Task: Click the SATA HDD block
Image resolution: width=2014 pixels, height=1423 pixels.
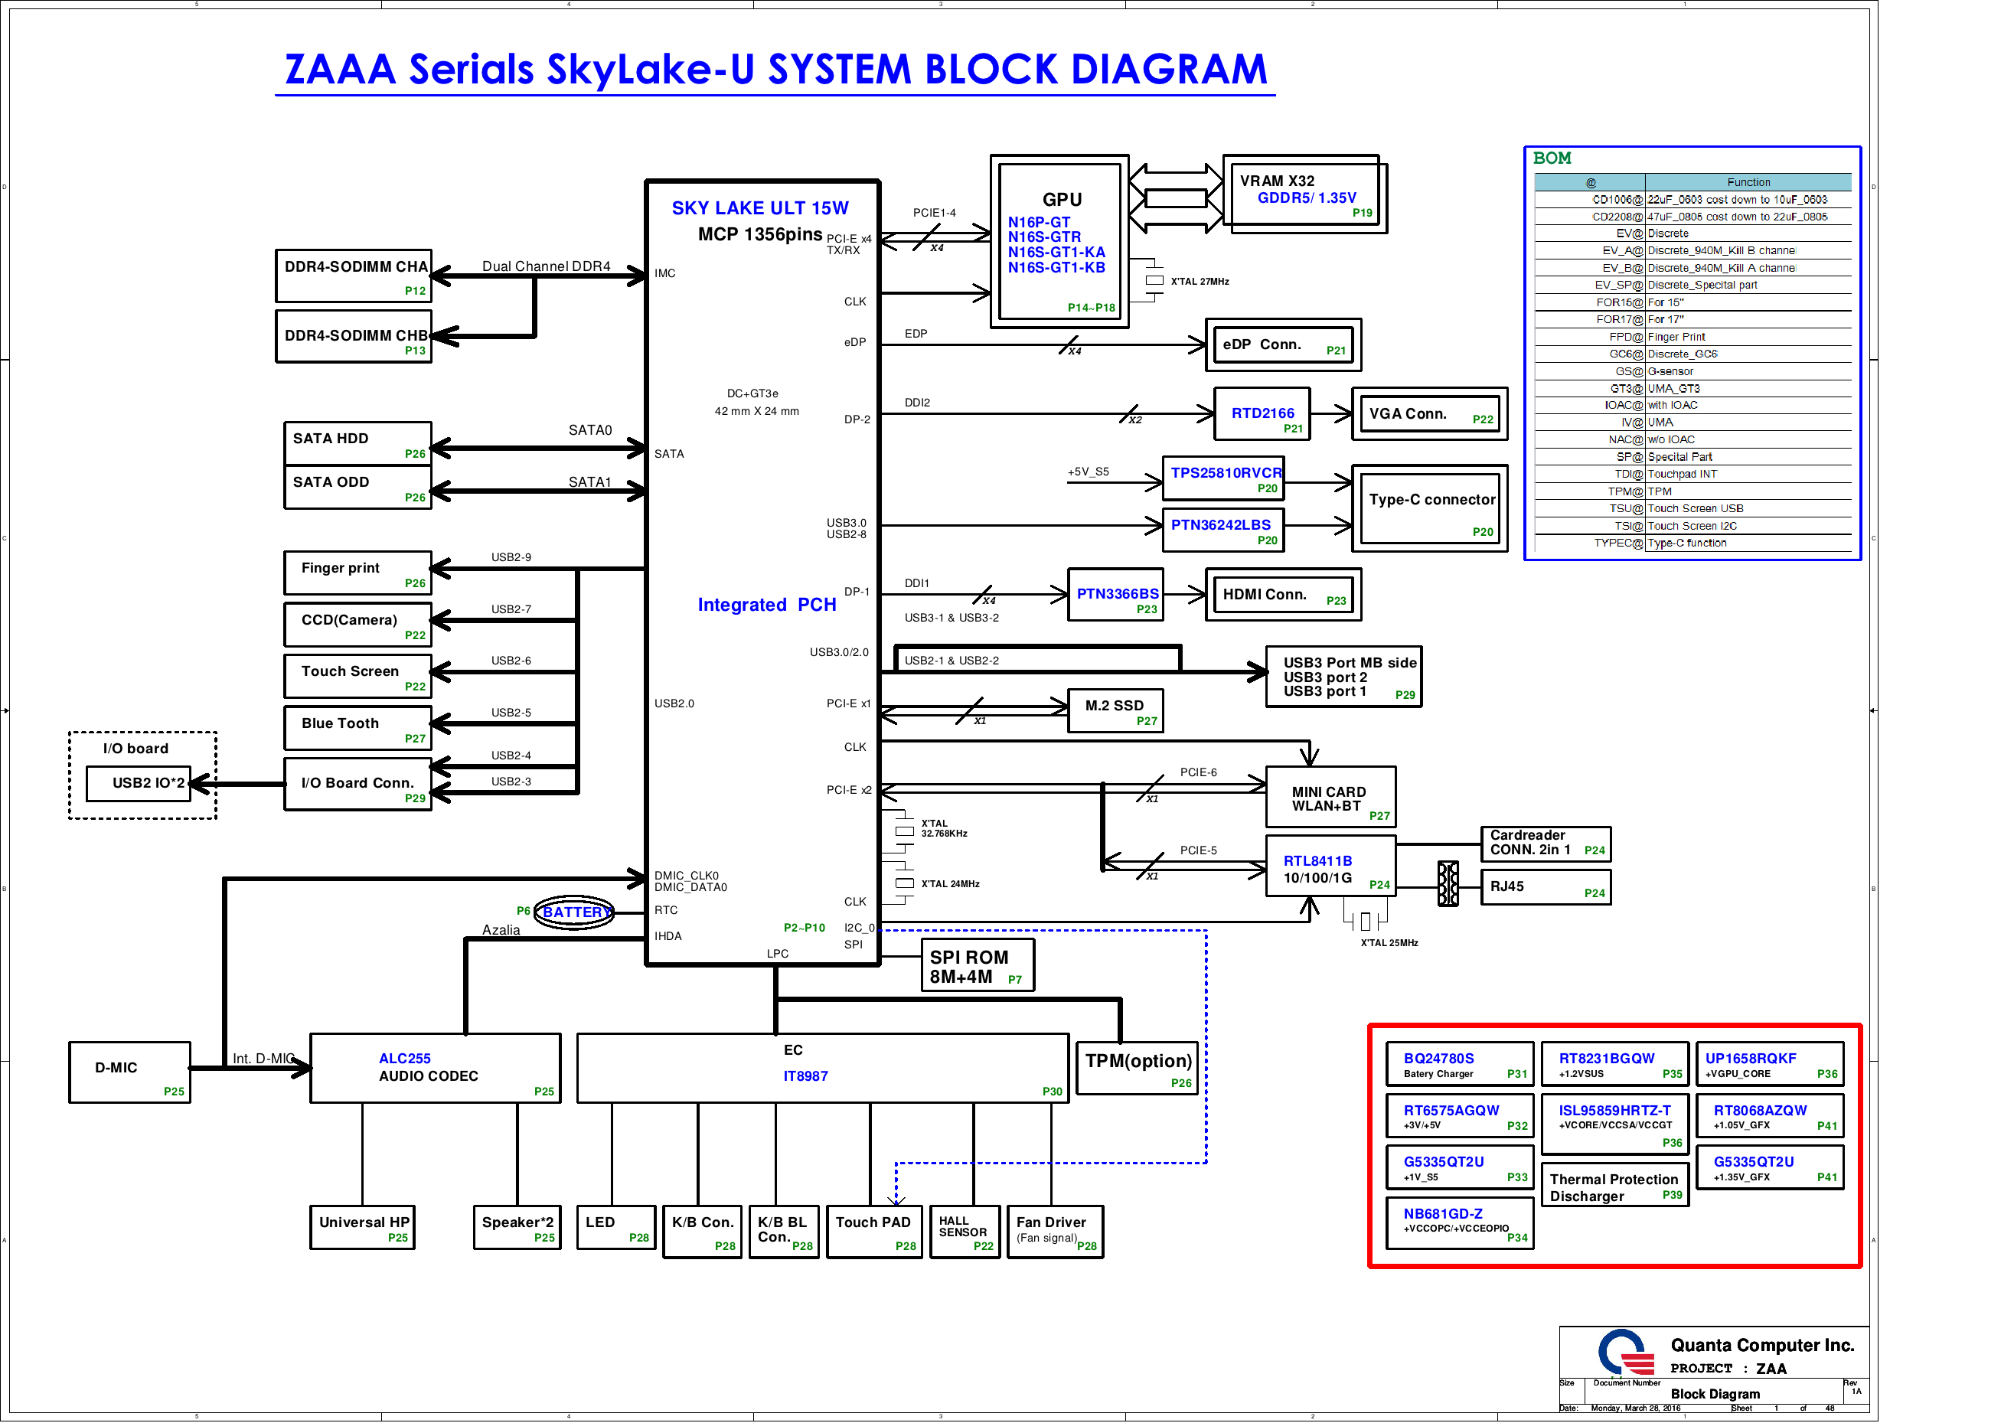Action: click(357, 443)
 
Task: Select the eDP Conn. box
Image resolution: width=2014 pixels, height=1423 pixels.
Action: click(1284, 346)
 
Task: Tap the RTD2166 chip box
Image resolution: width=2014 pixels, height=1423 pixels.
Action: click(1262, 414)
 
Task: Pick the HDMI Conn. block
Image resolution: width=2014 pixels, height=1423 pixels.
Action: click(1283, 596)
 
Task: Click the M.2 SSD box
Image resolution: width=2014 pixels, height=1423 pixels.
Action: click(1115, 710)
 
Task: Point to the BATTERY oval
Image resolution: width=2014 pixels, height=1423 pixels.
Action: click(575, 912)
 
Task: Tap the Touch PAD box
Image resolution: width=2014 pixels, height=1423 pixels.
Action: click(873, 1232)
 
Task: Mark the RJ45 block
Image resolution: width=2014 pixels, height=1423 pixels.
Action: click(1546, 887)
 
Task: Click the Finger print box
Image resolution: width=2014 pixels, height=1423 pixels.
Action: click(357, 573)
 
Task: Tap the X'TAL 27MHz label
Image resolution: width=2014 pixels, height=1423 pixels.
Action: click(1199, 282)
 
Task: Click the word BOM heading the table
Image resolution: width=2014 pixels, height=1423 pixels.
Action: click(1552, 158)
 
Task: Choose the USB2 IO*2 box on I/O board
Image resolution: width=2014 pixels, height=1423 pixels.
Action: click(149, 783)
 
